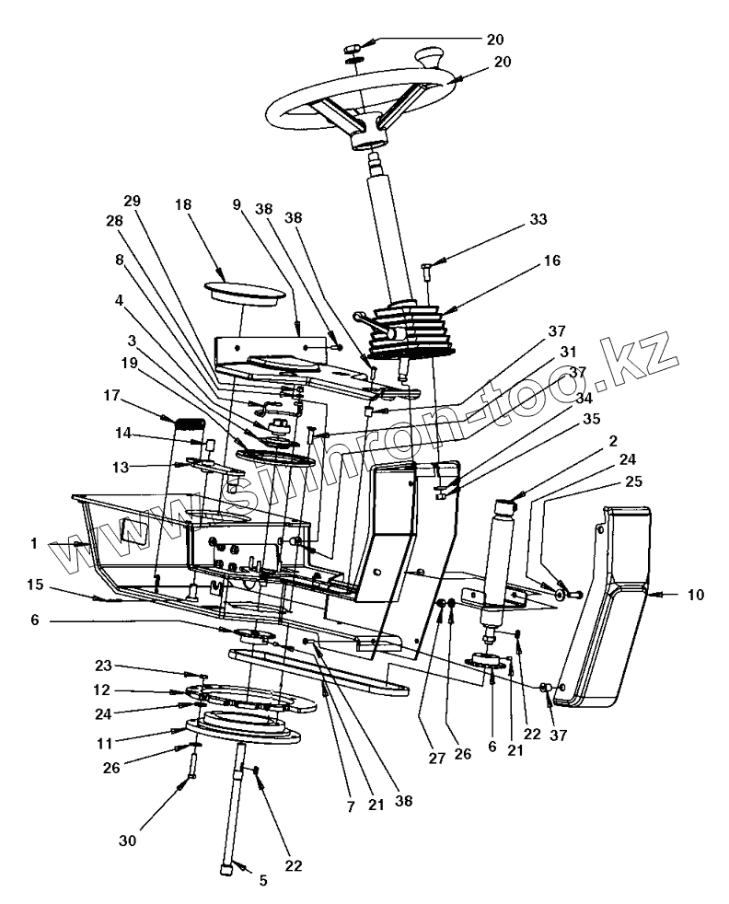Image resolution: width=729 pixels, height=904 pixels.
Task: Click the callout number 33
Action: pos(538,220)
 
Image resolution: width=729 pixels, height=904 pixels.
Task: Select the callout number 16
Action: pos(551,261)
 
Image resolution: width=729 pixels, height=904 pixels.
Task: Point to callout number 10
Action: pos(695,595)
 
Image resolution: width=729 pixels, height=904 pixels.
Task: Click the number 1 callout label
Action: pos(34,544)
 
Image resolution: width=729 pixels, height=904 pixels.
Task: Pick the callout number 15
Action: pos(35,585)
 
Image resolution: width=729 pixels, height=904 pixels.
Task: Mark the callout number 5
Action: pos(262,880)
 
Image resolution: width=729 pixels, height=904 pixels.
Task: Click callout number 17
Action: pos(111,397)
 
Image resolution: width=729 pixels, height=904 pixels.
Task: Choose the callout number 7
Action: pos(351,806)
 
